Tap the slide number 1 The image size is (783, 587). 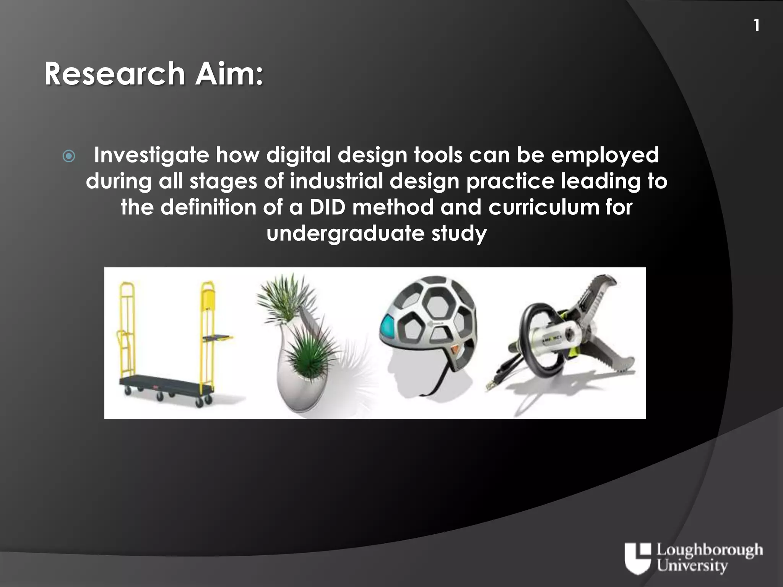coord(756,26)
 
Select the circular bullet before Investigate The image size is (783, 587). coord(69,156)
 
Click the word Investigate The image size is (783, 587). coord(151,155)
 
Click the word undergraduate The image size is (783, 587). coord(345,233)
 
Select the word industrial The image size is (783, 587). coord(336,181)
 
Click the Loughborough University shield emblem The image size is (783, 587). coord(637,558)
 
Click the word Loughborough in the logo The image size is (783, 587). coord(709,551)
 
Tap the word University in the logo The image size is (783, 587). coord(692,566)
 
